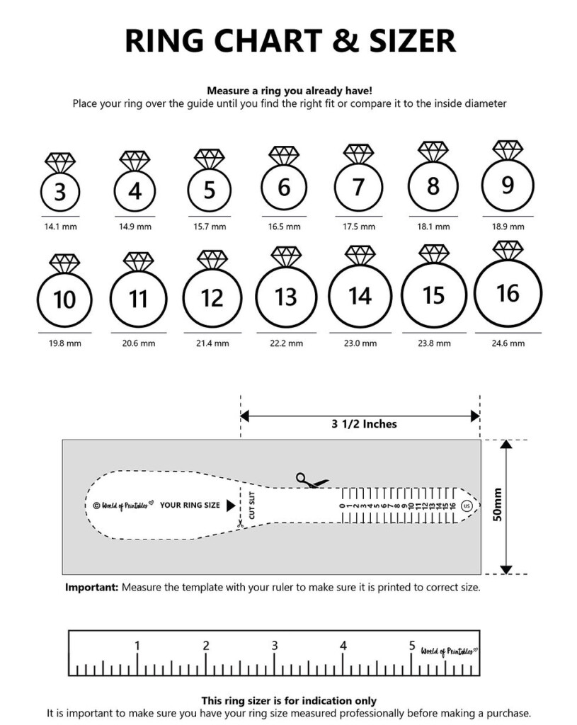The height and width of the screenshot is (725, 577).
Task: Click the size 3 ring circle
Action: tap(60, 192)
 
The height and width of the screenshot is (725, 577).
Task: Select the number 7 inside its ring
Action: tap(358, 188)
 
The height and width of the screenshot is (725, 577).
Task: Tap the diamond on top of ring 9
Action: tap(508, 149)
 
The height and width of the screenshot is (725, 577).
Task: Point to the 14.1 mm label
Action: tap(60, 227)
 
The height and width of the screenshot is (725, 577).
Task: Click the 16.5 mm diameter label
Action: tap(284, 227)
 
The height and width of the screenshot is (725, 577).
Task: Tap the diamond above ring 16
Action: tap(508, 250)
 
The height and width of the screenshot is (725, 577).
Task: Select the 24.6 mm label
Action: tap(508, 343)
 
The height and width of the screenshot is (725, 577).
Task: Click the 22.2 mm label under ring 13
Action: tap(286, 343)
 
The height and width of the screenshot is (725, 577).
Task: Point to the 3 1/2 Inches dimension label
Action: tap(364, 424)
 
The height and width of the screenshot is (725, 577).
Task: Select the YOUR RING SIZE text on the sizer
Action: tap(190, 506)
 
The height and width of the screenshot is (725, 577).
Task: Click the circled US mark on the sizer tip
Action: tap(466, 506)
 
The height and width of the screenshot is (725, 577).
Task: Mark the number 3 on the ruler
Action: tap(275, 646)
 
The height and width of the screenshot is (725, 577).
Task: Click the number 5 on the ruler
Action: tap(412, 646)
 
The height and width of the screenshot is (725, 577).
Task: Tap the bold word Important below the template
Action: tap(91, 588)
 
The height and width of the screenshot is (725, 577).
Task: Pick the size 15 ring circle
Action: tap(434, 295)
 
